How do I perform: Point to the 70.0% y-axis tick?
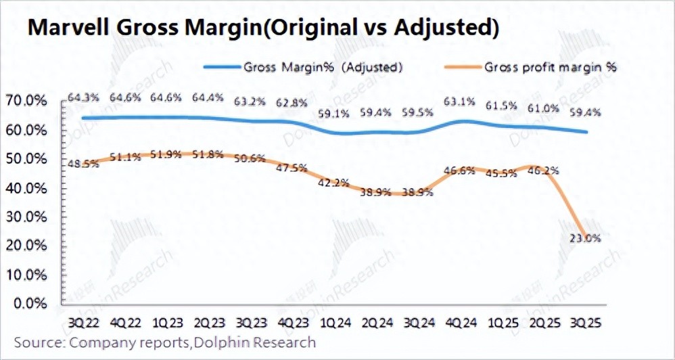[x=26, y=101]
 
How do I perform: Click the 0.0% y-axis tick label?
[x=29, y=303]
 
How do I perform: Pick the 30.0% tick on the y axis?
[x=26, y=217]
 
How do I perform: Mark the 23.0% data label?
[x=585, y=238]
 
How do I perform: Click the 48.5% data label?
[x=82, y=164]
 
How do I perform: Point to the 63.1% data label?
[x=459, y=103]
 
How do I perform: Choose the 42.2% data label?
[x=333, y=181]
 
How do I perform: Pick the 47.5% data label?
[x=292, y=166]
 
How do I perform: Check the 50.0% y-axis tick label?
[x=26, y=158]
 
